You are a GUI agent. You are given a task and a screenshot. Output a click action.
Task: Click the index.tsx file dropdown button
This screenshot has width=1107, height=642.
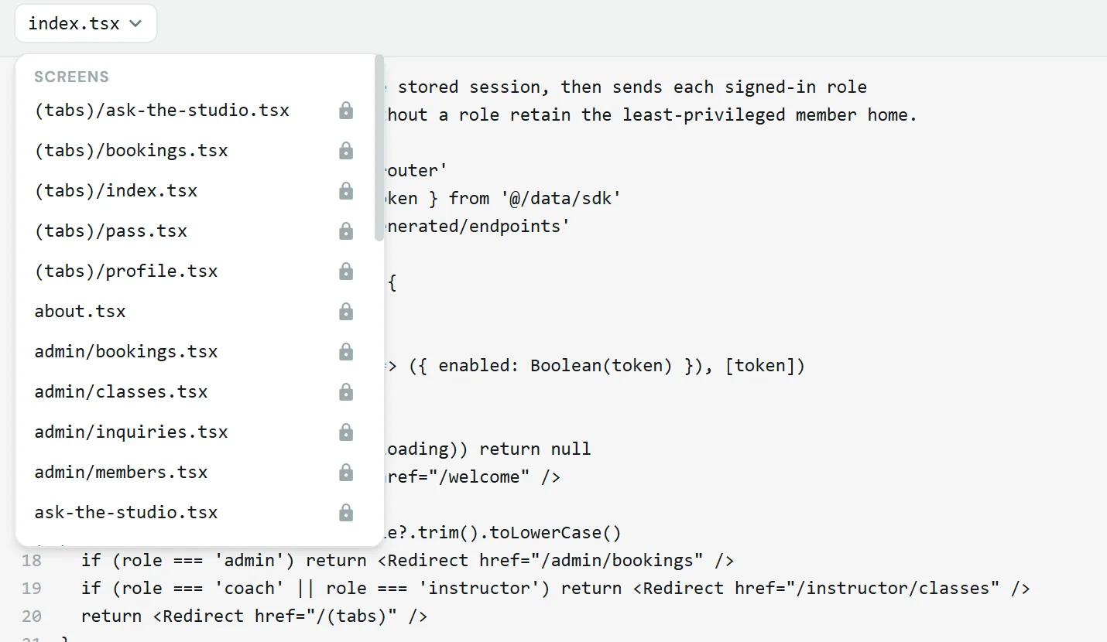pos(86,23)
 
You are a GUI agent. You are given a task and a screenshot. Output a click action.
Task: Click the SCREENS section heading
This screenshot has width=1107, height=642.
pos(72,77)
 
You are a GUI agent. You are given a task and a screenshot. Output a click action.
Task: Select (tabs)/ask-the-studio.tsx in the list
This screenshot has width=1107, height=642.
pos(162,110)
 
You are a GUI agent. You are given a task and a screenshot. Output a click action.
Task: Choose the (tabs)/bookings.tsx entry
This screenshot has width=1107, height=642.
pos(131,151)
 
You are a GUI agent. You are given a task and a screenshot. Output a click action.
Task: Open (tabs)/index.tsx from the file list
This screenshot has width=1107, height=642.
pos(115,190)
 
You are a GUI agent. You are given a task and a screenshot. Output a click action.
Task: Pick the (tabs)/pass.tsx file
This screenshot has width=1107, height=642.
pos(111,231)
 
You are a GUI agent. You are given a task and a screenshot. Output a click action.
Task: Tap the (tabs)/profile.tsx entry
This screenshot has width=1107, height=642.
pos(126,271)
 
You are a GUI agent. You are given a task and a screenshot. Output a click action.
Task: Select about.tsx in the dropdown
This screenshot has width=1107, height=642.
pos(80,312)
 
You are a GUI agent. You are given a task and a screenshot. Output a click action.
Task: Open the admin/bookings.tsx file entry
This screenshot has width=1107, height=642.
pos(126,352)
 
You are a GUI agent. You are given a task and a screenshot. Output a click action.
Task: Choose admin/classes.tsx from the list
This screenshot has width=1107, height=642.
pos(121,392)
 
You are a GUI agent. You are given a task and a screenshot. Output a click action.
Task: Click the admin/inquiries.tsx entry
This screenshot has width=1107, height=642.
pos(131,432)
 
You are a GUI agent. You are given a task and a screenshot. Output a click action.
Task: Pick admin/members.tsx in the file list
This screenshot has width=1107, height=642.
pos(121,473)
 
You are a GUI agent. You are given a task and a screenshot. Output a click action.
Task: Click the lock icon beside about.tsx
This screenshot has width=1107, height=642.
pos(346,312)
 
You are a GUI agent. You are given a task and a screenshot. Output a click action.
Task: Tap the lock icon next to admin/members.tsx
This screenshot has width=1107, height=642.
pos(346,473)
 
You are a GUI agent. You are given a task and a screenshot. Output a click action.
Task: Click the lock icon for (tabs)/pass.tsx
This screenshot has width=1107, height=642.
pos(346,231)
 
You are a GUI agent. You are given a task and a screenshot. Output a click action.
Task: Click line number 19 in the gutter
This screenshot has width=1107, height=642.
pos(32,588)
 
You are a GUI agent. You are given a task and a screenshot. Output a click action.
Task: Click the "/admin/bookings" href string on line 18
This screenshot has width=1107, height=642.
pos(621,561)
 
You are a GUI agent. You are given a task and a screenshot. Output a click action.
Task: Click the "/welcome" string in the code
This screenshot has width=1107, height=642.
pos(479,477)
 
